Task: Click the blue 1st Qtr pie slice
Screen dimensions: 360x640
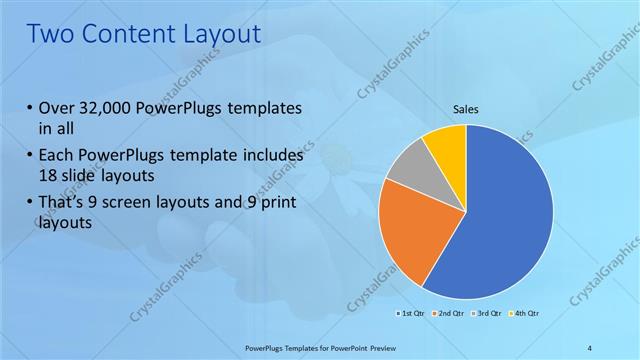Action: [x=505, y=215]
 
